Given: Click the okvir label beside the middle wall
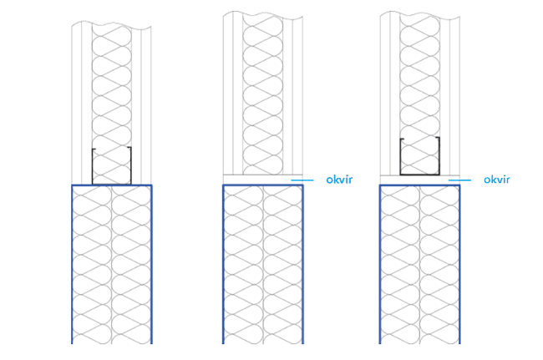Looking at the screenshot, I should click(x=340, y=180).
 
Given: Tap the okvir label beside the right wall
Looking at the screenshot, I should click(x=496, y=180).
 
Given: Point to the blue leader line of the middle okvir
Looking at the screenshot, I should click(x=302, y=180).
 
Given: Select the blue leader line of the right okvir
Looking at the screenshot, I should click(x=459, y=180).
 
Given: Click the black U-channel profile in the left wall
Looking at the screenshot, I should click(x=111, y=166).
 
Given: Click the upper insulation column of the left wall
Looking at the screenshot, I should click(x=111, y=84).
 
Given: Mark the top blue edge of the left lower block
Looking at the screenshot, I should click(x=111, y=185).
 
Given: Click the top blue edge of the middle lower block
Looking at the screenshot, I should click(x=262, y=185).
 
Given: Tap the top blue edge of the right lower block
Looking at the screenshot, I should click(x=419, y=185).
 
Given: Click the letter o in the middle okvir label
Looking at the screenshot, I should click(x=329, y=180).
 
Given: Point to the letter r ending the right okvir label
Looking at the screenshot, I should click(x=507, y=180).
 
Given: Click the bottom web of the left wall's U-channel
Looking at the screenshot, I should click(x=111, y=183).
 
